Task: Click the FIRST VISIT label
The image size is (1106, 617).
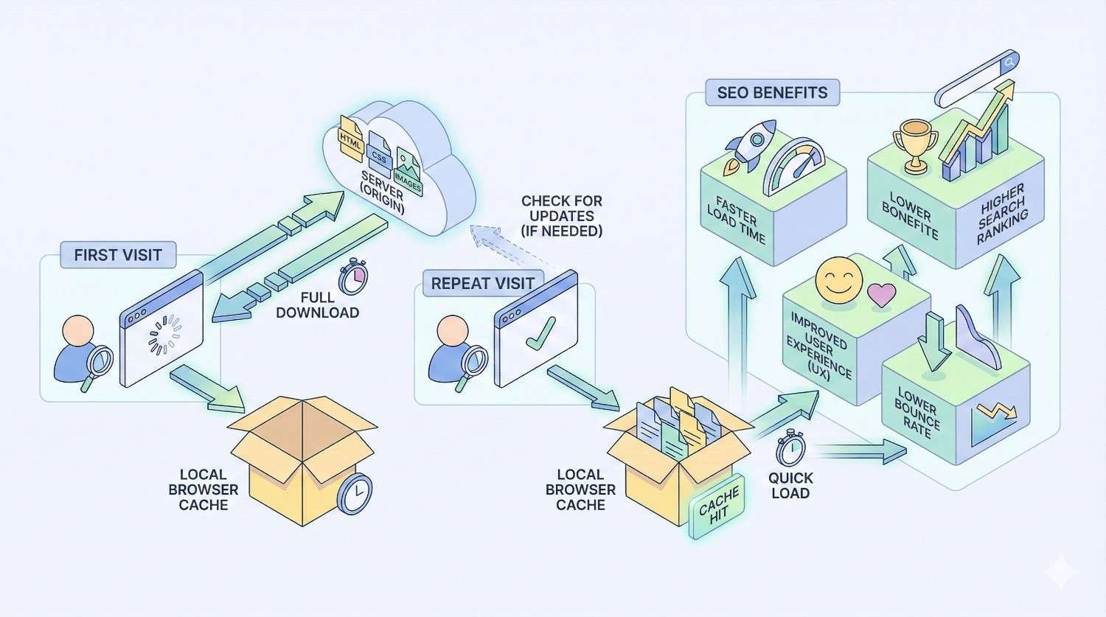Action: (118, 255)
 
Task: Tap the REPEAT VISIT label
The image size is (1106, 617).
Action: (482, 283)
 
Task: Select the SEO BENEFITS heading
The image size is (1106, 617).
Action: (772, 93)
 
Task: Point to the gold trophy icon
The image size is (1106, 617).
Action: (915, 147)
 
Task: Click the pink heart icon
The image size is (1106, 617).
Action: (881, 295)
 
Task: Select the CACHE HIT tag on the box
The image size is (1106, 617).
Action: (714, 507)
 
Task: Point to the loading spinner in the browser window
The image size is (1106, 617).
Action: (164, 335)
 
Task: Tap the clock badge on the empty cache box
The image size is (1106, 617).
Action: (355, 493)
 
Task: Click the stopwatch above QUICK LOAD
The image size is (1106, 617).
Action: (790, 447)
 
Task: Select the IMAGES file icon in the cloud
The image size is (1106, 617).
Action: (408, 171)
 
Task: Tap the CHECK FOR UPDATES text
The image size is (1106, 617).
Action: (561, 215)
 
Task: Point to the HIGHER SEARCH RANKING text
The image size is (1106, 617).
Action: (1002, 214)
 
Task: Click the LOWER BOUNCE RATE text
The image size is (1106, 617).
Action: (917, 413)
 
